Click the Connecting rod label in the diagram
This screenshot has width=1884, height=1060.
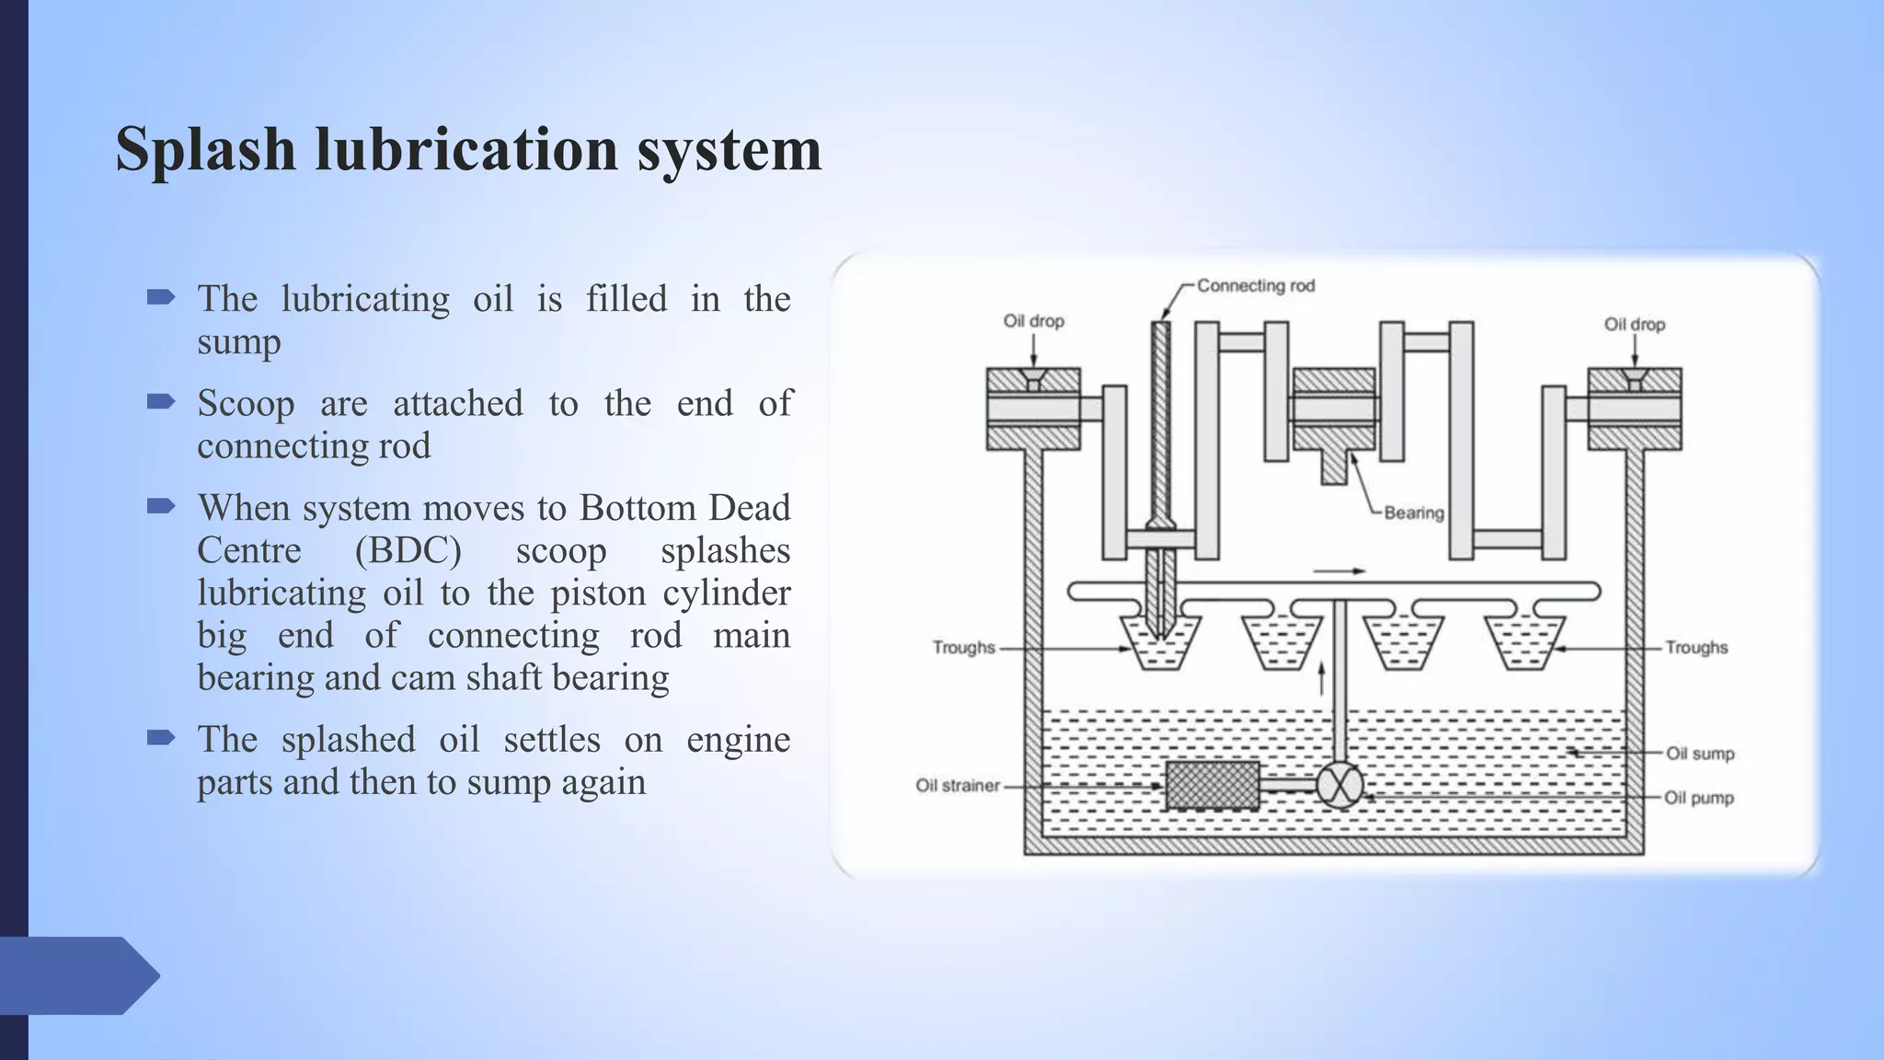pyautogui.click(x=1256, y=286)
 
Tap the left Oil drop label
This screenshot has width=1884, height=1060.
pyautogui.click(x=1033, y=321)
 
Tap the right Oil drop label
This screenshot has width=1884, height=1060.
pyautogui.click(x=1634, y=325)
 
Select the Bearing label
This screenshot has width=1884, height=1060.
pyautogui.click(x=1414, y=513)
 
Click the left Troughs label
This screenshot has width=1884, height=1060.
pyautogui.click(x=963, y=648)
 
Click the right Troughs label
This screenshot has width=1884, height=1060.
pyautogui.click(x=1695, y=648)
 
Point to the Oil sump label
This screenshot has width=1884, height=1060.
pyautogui.click(x=1700, y=754)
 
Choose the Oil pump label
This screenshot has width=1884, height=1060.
pyautogui.click(x=1698, y=798)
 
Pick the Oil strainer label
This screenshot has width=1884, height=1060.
pyautogui.click(x=958, y=786)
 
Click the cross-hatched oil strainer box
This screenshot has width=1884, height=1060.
pyautogui.click(x=1212, y=786)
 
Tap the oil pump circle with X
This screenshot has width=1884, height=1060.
pyautogui.click(x=1339, y=786)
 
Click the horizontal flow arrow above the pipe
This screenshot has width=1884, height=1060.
pyautogui.click(x=1338, y=571)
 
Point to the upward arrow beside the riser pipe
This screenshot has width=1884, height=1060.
pyautogui.click(x=1322, y=678)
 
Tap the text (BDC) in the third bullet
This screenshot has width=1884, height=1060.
pyautogui.click(x=408, y=550)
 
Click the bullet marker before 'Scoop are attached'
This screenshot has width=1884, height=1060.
pyautogui.click(x=161, y=401)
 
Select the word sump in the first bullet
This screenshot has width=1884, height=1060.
pyautogui.click(x=238, y=341)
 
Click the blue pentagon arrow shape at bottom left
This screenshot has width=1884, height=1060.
pyautogui.click(x=78, y=975)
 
